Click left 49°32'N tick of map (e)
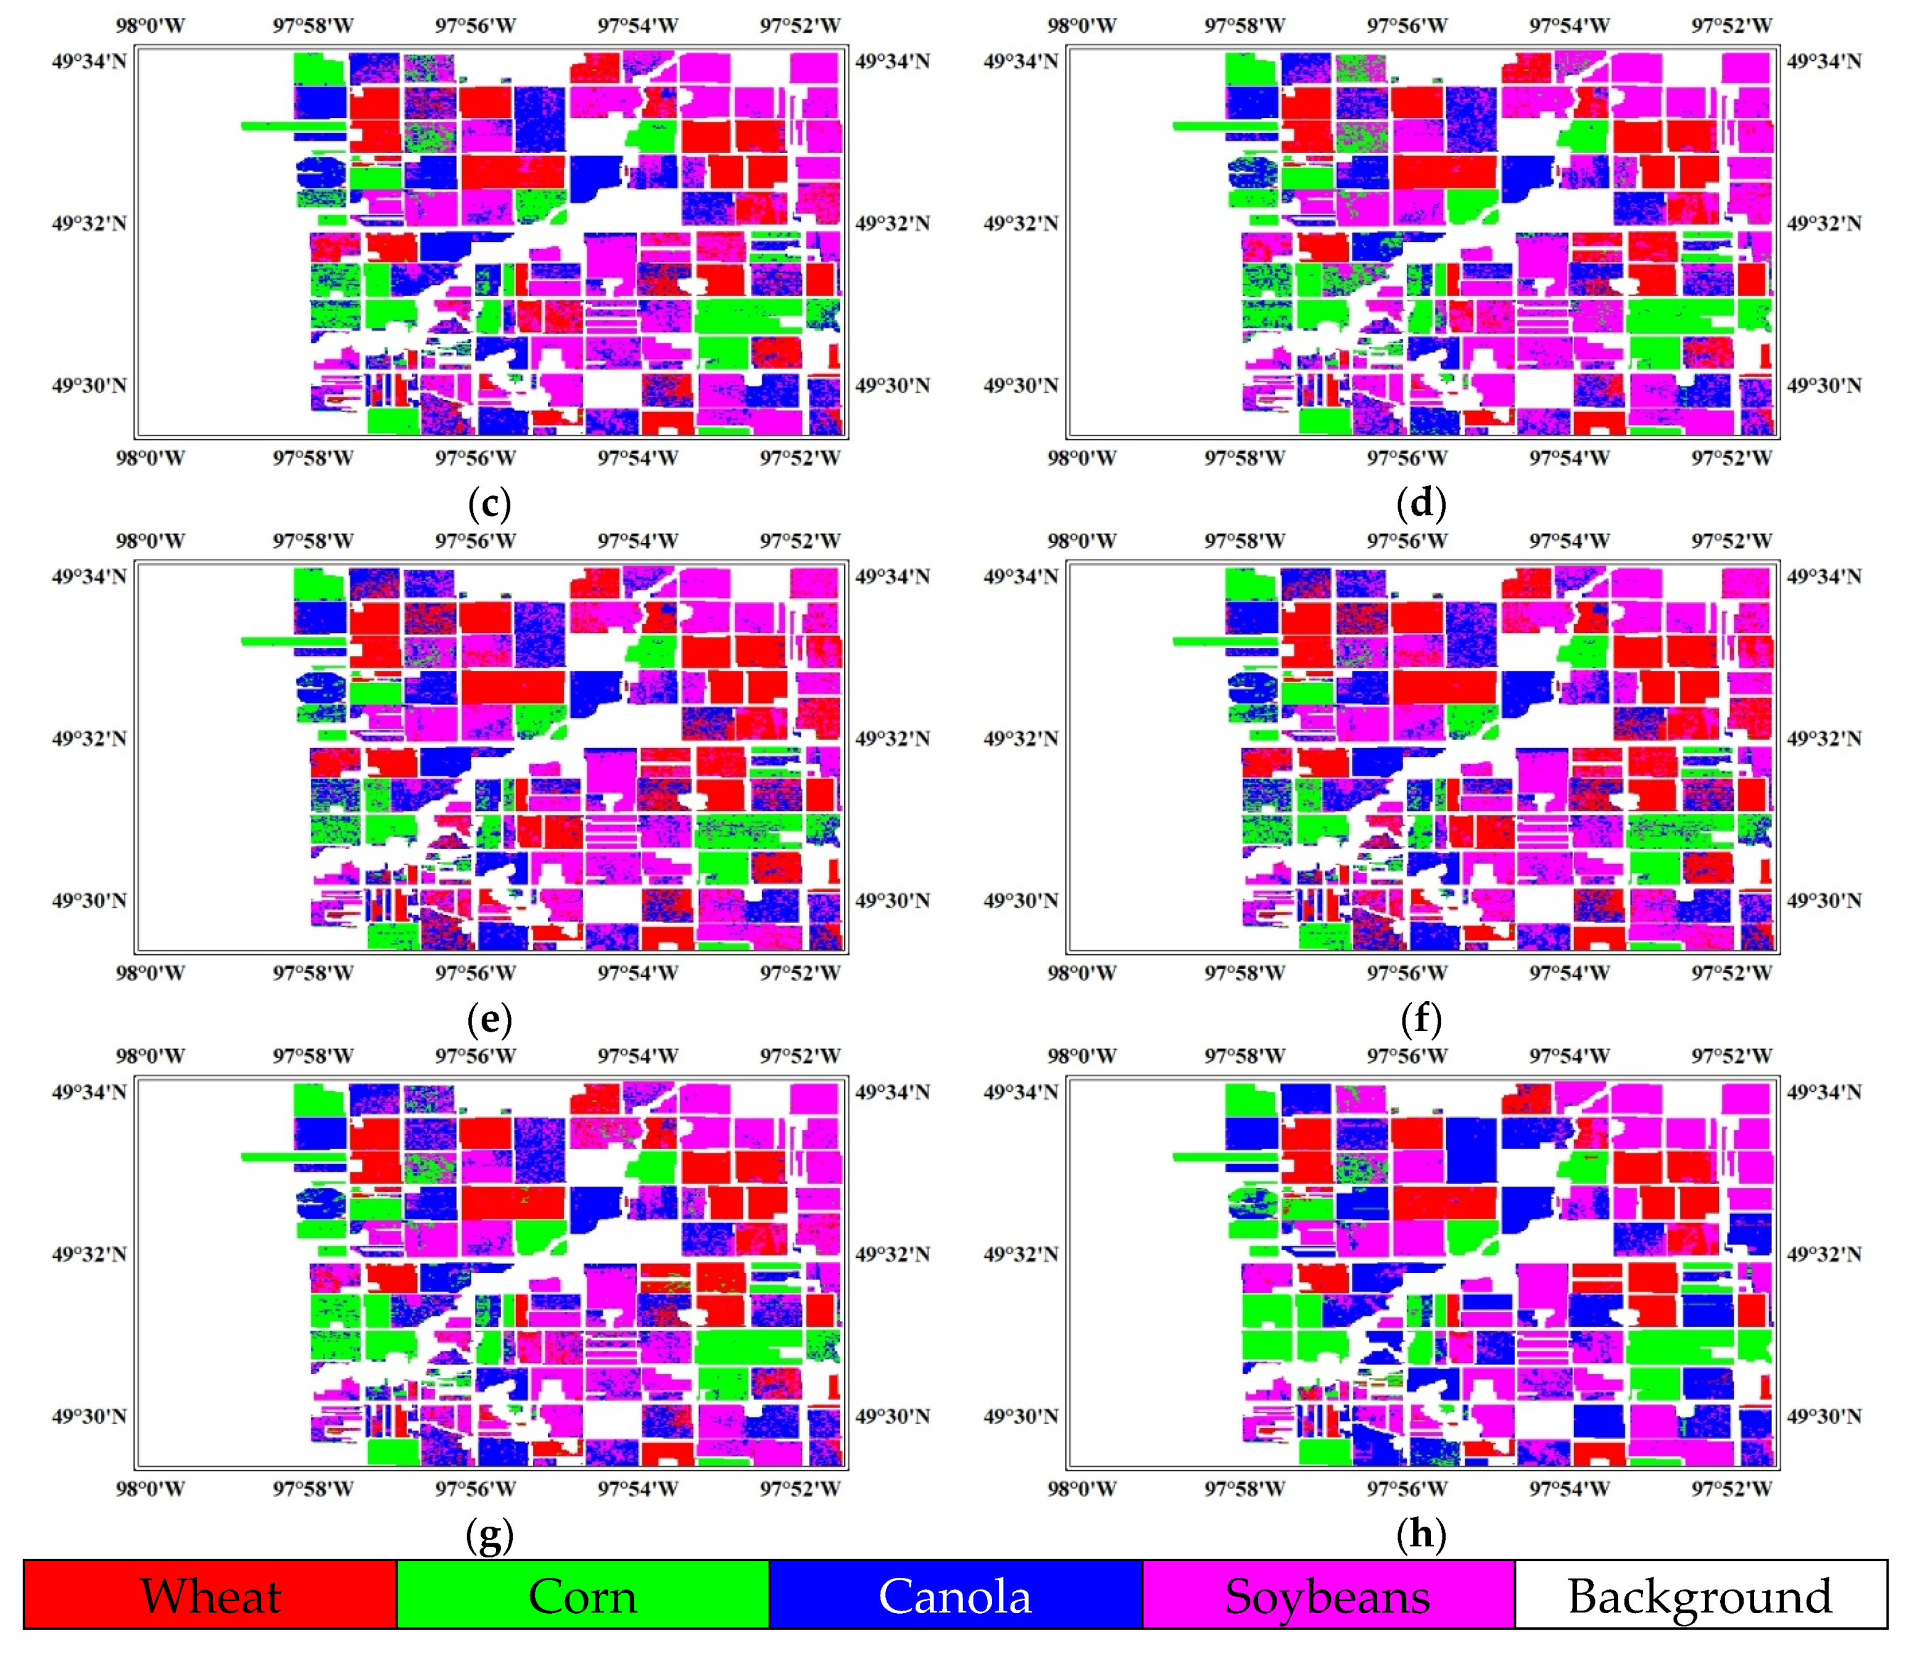(x=89, y=738)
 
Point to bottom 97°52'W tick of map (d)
(x=1731, y=458)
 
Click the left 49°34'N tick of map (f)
(x=1021, y=576)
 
